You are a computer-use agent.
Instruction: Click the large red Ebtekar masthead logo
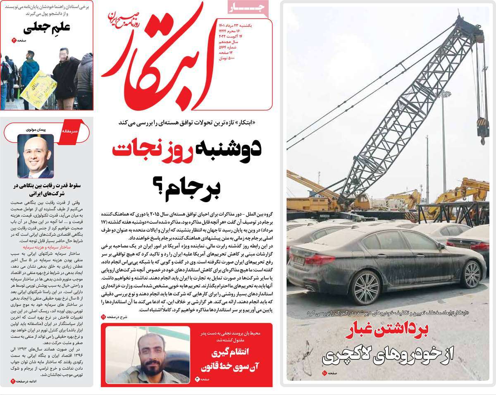pyautogui.click(x=161, y=58)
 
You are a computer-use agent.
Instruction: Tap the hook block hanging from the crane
pyautogui.click(x=482, y=129)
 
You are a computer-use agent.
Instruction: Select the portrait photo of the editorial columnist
pyautogui.click(x=35, y=156)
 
